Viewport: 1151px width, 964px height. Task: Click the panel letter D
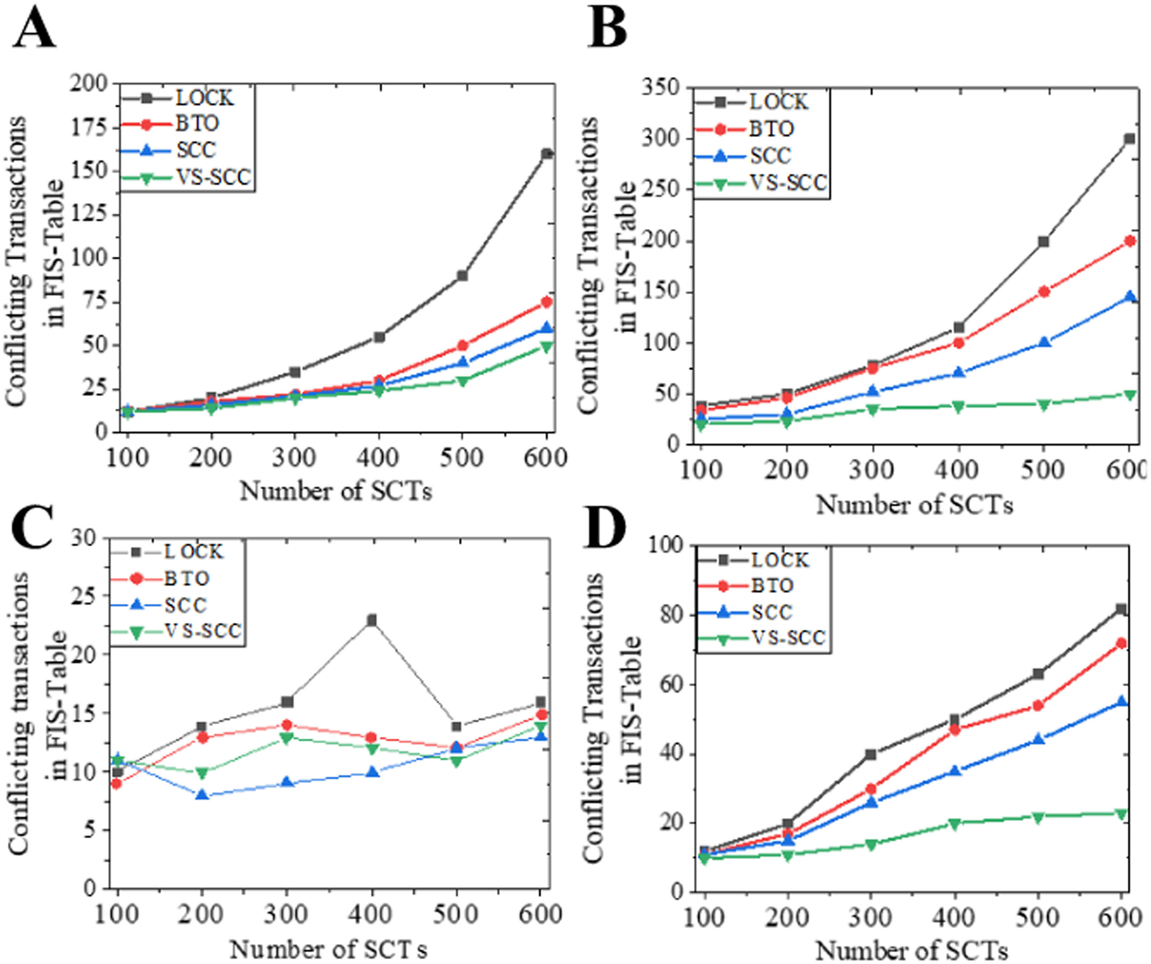(x=605, y=530)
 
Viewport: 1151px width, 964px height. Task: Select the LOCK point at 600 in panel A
(x=546, y=154)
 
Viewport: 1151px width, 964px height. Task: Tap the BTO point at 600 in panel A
(x=546, y=302)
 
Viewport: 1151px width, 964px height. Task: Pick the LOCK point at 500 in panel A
(x=462, y=276)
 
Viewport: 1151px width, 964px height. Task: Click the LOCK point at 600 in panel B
(x=1129, y=139)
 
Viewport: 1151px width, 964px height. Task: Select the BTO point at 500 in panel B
(x=1044, y=292)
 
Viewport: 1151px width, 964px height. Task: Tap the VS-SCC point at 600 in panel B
(x=1129, y=394)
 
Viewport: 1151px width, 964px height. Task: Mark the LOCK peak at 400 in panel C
(x=372, y=620)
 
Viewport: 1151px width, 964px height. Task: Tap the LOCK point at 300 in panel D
(x=871, y=755)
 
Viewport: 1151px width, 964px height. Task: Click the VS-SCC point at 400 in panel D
(x=954, y=824)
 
